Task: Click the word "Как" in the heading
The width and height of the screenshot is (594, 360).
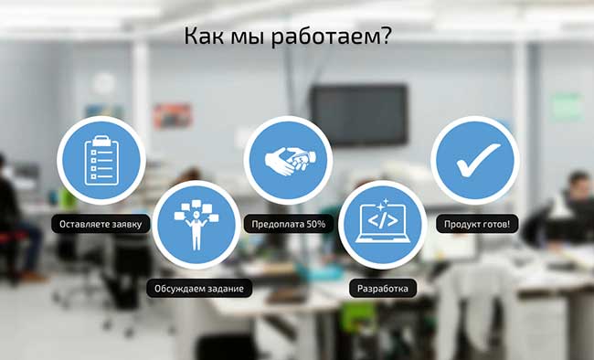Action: (x=204, y=36)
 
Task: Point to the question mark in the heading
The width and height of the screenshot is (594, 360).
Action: (x=385, y=36)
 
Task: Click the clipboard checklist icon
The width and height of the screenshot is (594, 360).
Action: (x=101, y=160)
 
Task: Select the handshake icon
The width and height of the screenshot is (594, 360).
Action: (x=291, y=161)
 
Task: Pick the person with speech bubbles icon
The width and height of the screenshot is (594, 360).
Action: (x=196, y=225)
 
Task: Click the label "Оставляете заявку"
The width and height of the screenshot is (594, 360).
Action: (x=101, y=224)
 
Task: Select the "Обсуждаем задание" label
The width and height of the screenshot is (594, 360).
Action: (x=199, y=289)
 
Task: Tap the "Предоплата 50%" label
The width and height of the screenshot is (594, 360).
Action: (x=289, y=224)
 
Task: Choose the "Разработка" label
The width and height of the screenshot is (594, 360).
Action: (x=383, y=289)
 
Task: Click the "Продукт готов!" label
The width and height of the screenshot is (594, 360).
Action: (x=477, y=224)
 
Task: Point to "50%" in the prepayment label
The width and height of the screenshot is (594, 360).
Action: (x=316, y=224)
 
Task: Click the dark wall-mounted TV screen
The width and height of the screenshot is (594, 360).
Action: (x=359, y=115)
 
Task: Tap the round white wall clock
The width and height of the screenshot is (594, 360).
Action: (x=103, y=84)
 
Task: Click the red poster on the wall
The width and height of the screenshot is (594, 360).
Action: (x=173, y=115)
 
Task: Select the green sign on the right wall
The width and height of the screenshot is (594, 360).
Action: (x=567, y=107)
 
